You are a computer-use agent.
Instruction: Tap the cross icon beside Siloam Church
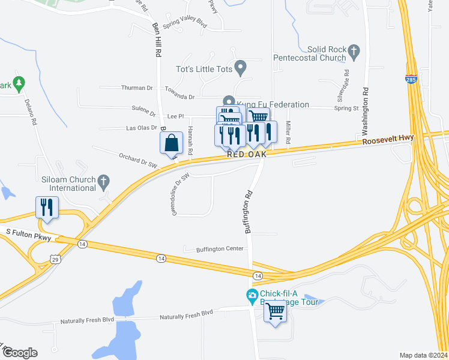[103, 180]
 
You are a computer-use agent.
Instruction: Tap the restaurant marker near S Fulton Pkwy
[47, 208]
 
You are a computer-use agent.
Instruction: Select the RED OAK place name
[246, 154]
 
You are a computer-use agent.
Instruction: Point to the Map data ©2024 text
[424, 355]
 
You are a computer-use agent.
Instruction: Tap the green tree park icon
[19, 83]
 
